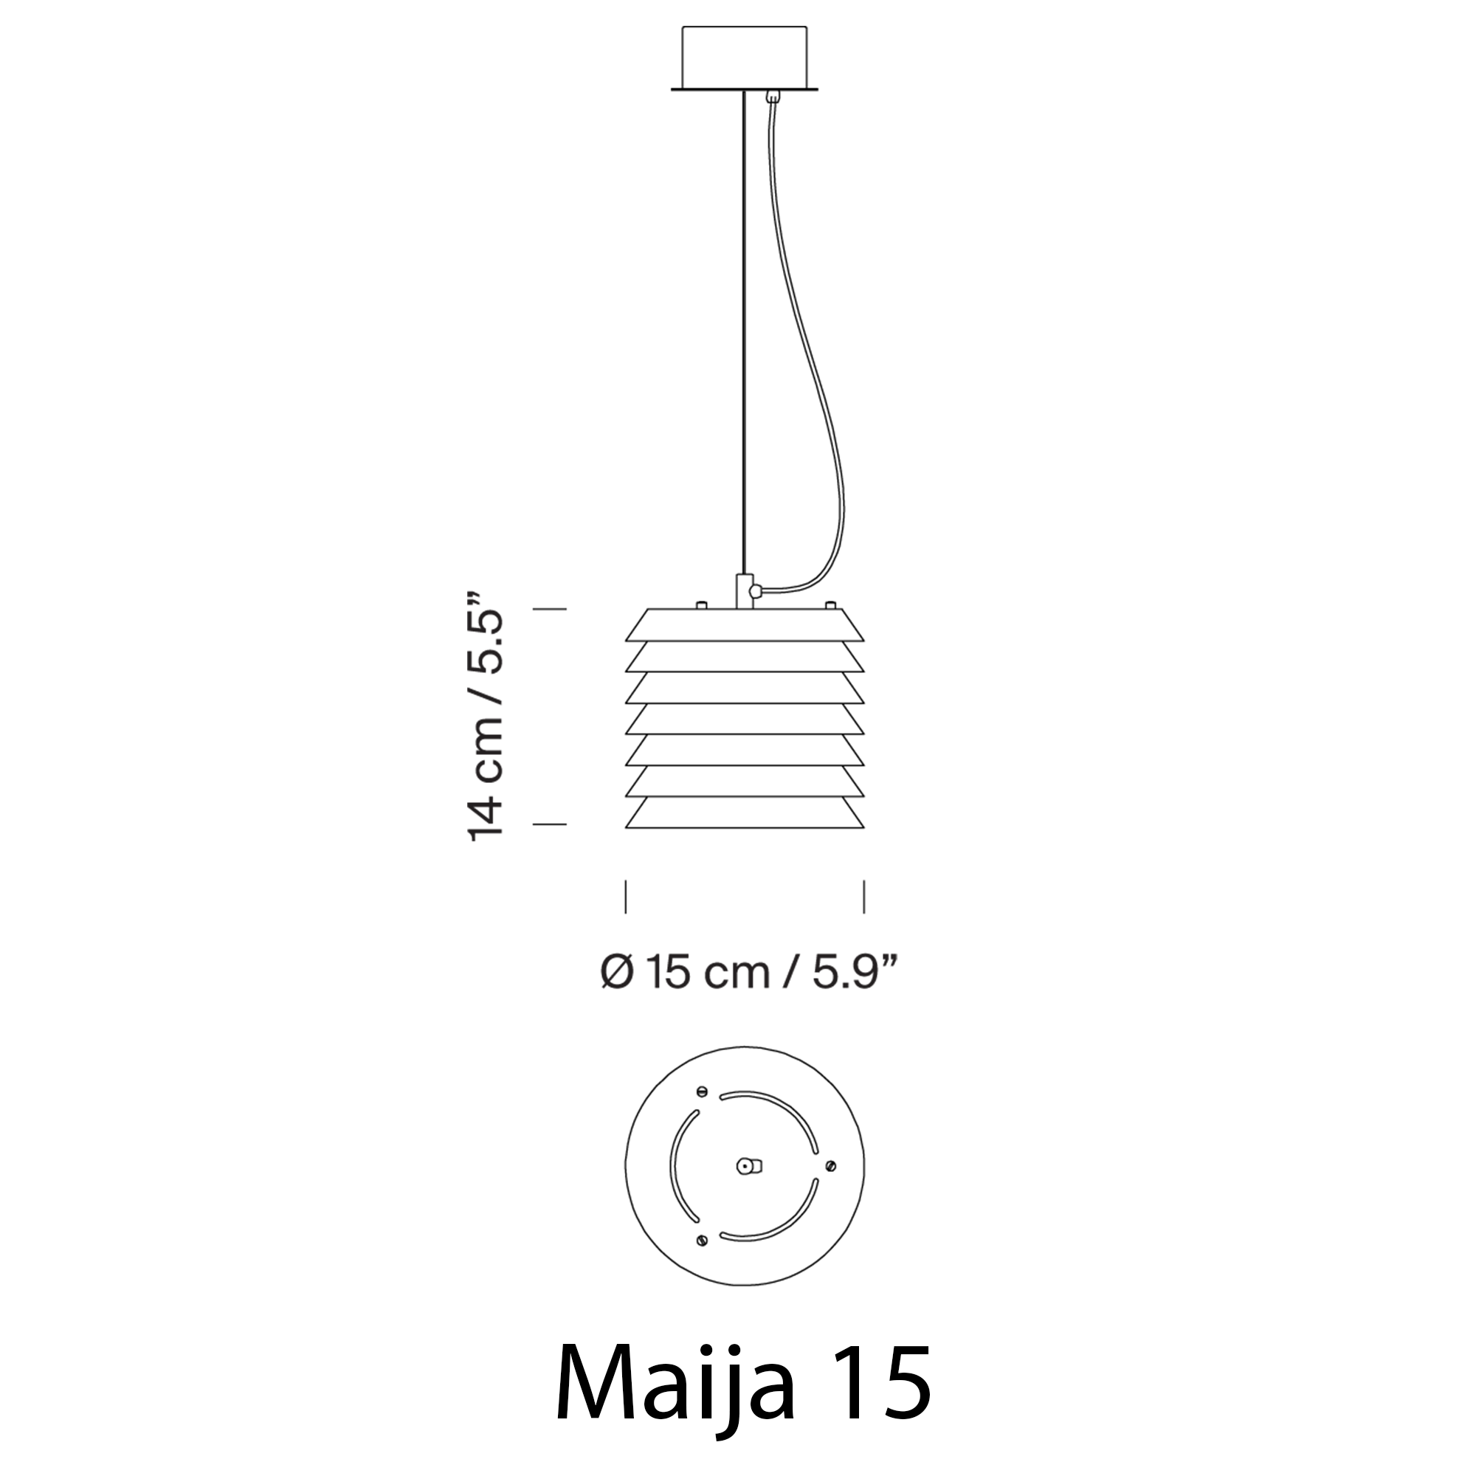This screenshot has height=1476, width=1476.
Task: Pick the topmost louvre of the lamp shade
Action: (745, 625)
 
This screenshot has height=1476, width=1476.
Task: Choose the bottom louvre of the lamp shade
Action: (745, 812)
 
